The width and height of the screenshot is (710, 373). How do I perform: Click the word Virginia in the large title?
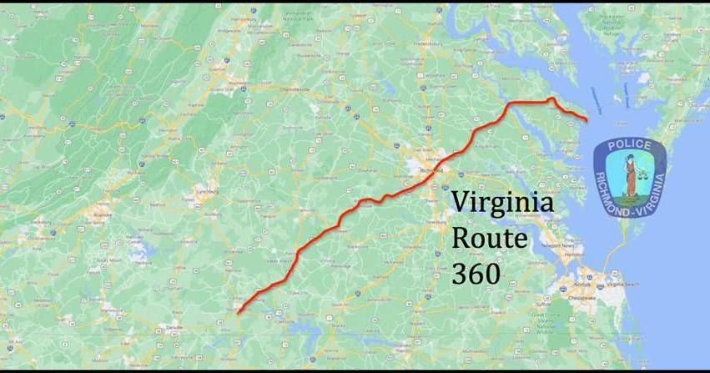point(501,204)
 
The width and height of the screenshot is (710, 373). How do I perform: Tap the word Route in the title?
point(489,238)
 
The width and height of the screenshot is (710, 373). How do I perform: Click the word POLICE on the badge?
point(629,146)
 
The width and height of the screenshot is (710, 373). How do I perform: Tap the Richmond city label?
point(431,169)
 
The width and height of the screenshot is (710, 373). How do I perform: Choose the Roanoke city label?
point(103,214)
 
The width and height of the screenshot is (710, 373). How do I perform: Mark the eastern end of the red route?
point(587,121)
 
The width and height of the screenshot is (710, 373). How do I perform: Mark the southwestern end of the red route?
point(238,313)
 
